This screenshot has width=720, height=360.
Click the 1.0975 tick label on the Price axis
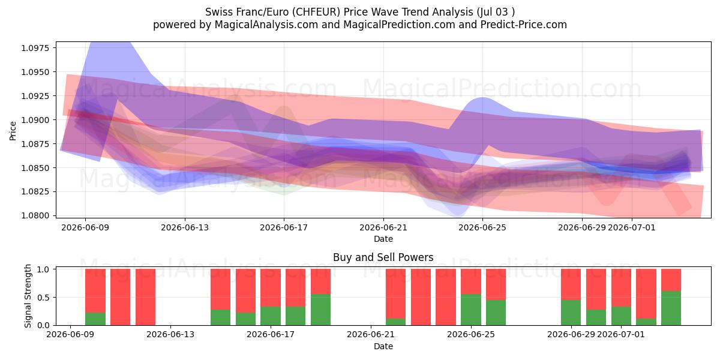tap(35, 48)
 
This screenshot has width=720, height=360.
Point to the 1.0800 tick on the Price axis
tap(35, 215)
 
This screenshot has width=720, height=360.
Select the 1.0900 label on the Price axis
tap(35, 120)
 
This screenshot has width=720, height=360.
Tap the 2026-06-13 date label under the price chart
tap(185, 227)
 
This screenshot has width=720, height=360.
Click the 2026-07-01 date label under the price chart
tap(632, 227)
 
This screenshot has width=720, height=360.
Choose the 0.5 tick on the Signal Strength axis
tap(43, 298)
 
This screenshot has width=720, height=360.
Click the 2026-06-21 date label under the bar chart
tap(371, 334)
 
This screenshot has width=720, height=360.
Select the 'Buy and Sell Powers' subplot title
tap(383, 257)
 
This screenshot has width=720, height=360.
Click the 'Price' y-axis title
tap(13, 131)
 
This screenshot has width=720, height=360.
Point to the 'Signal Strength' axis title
tap(28, 296)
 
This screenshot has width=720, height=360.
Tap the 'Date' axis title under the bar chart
tap(383, 346)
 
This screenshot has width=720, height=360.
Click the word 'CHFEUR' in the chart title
tap(316, 12)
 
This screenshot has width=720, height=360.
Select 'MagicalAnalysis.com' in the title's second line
tap(266, 25)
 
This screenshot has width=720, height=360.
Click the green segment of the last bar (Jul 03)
tap(671, 308)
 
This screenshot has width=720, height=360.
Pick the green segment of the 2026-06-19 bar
tap(320, 310)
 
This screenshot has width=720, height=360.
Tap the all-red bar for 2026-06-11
tap(120, 297)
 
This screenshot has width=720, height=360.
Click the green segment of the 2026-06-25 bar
tap(471, 310)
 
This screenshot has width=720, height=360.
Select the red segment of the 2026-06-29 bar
tap(571, 284)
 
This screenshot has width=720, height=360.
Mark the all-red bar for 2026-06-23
tap(421, 297)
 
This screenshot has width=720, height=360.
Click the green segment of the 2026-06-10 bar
tap(95, 319)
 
